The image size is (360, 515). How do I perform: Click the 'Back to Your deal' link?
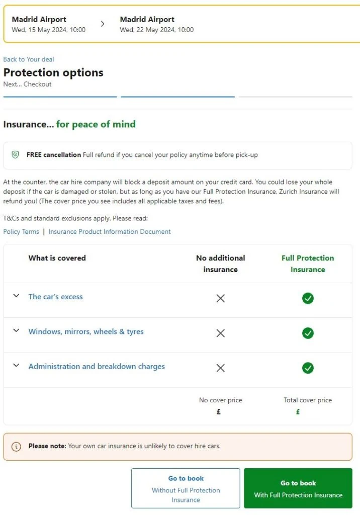[x=29, y=59]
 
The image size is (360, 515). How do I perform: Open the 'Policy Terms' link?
[x=21, y=232]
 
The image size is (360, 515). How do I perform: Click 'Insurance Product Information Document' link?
[x=110, y=232]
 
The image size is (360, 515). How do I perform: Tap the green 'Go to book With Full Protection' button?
[x=298, y=489]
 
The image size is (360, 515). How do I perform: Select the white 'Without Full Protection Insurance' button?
[x=186, y=489]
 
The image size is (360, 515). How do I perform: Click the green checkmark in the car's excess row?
[x=308, y=298]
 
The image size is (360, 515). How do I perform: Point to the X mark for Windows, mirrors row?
[x=220, y=333]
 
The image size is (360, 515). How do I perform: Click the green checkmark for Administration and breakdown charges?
[x=308, y=368]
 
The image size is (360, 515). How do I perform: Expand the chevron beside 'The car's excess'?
[x=16, y=296]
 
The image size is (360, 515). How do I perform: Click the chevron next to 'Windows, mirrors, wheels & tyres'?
[x=16, y=331]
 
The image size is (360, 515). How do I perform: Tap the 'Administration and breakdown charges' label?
[x=97, y=367]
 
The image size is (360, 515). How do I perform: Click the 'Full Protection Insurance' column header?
[x=308, y=264]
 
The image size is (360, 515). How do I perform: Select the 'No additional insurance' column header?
[x=220, y=264]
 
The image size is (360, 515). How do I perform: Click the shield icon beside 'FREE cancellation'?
[x=16, y=155]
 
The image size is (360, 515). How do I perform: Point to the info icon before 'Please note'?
[x=16, y=446]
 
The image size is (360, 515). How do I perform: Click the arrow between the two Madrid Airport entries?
[x=103, y=24]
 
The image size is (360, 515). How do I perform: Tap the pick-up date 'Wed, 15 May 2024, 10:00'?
[x=49, y=30]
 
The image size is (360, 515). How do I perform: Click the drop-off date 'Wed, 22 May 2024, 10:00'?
[x=157, y=30]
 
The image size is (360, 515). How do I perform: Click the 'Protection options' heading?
[x=53, y=72]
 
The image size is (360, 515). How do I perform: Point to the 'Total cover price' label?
[x=308, y=400]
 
